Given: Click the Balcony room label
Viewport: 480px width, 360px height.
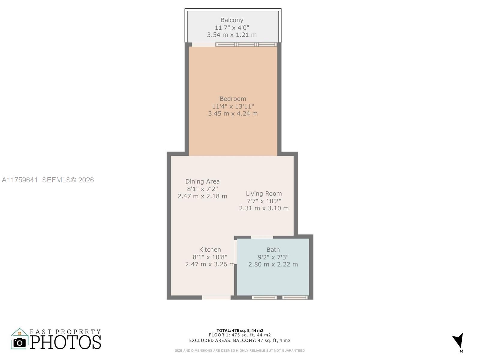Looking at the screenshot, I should [232, 20].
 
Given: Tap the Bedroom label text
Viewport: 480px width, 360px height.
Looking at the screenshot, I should [233, 99].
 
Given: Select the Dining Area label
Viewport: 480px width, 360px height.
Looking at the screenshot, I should [202, 181].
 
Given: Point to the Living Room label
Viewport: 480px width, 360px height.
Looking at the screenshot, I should [264, 194].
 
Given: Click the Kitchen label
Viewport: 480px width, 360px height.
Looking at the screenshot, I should [210, 250].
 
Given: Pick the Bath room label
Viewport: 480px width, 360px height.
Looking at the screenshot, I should [273, 250].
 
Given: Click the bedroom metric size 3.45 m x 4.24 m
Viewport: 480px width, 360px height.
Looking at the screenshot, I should [233, 114].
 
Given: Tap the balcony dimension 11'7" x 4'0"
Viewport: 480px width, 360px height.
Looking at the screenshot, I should [232, 28].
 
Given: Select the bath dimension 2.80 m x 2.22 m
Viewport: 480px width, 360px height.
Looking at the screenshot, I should [273, 264].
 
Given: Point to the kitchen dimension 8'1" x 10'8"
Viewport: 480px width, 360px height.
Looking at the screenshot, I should [210, 257].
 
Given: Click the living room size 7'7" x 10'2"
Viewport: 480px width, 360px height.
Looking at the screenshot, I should [264, 201].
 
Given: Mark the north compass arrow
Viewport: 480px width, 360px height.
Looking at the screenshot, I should [458, 341].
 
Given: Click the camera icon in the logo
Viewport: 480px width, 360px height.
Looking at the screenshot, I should [19, 342].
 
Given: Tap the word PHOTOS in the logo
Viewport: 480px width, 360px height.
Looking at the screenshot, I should [66, 342].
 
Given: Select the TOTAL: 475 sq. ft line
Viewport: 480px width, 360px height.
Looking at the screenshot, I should [240, 331].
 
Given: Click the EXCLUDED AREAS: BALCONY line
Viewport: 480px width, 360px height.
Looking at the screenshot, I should [240, 340].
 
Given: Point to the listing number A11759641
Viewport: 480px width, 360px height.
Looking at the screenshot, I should [20, 180].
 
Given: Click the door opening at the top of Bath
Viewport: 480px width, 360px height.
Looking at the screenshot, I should [262, 237].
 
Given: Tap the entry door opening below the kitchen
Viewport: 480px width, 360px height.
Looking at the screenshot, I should [216, 297].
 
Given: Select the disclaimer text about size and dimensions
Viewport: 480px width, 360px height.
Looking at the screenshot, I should [240, 350].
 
